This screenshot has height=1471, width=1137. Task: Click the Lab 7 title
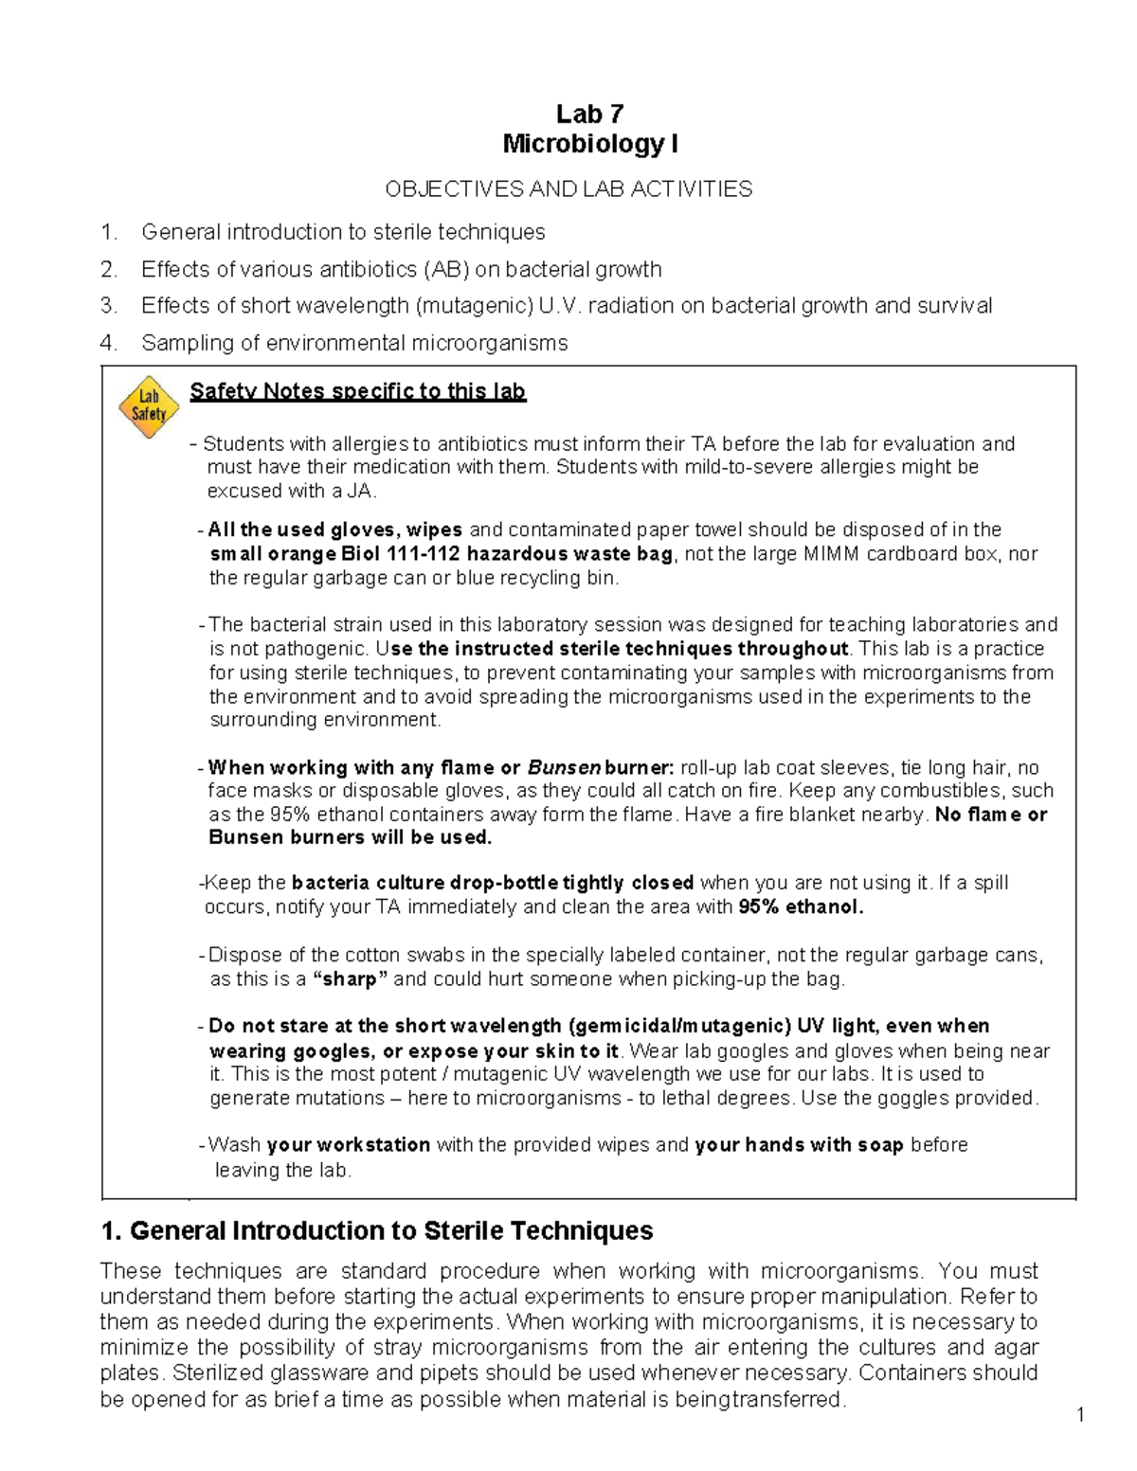click(589, 115)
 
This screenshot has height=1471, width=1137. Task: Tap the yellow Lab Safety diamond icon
click(149, 406)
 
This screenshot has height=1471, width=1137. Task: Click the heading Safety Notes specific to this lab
click(357, 391)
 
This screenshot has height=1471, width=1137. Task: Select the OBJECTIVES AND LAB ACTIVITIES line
click(568, 188)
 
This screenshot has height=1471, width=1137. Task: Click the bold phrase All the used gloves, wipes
click(334, 529)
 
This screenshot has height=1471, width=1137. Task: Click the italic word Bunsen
click(564, 767)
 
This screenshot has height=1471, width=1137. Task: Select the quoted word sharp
click(350, 979)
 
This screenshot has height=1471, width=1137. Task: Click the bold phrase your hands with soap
click(799, 1145)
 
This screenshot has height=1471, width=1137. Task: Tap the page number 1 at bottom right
click(1079, 1415)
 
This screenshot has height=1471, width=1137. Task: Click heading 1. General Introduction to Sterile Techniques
click(376, 1230)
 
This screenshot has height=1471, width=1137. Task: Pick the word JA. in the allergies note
click(362, 491)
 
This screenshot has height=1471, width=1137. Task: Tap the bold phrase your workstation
click(348, 1145)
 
